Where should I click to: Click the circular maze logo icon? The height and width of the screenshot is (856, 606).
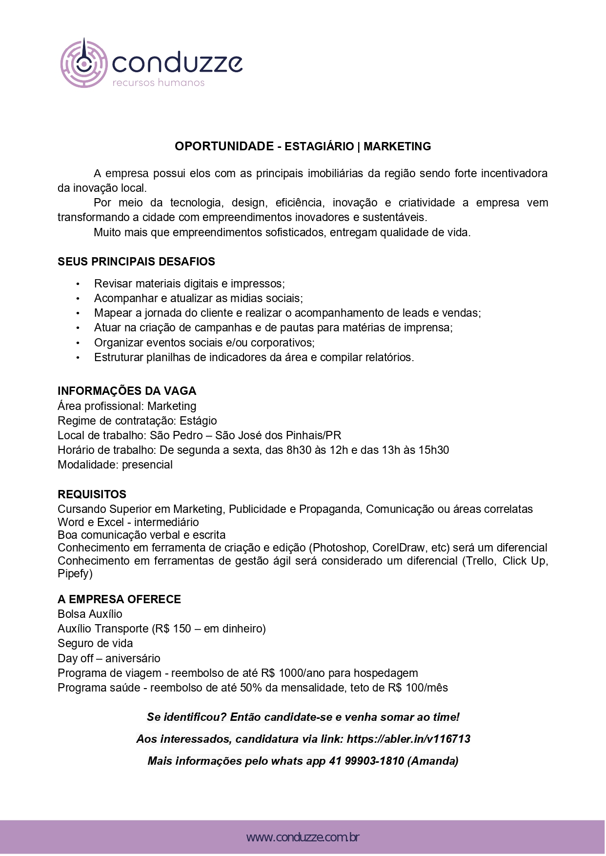tap(83, 63)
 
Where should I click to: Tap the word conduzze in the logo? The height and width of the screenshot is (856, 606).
tap(177, 63)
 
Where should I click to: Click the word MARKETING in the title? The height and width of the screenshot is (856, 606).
tap(397, 146)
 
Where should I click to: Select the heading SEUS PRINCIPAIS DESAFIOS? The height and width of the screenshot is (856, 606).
tap(136, 262)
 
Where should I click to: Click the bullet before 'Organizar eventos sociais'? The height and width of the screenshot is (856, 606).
tap(78, 343)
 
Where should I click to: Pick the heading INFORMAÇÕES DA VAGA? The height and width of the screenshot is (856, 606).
tap(127, 391)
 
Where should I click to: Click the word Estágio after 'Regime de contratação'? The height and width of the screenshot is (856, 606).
tap(198, 421)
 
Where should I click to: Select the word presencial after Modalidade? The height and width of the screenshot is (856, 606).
tap(147, 465)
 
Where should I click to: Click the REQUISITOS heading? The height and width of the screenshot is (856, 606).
tap(92, 494)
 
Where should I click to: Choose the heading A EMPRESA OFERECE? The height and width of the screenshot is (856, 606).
tap(119, 599)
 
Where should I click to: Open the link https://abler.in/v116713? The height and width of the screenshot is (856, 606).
tap(408, 739)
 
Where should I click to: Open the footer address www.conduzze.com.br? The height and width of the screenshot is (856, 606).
tap(303, 838)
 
